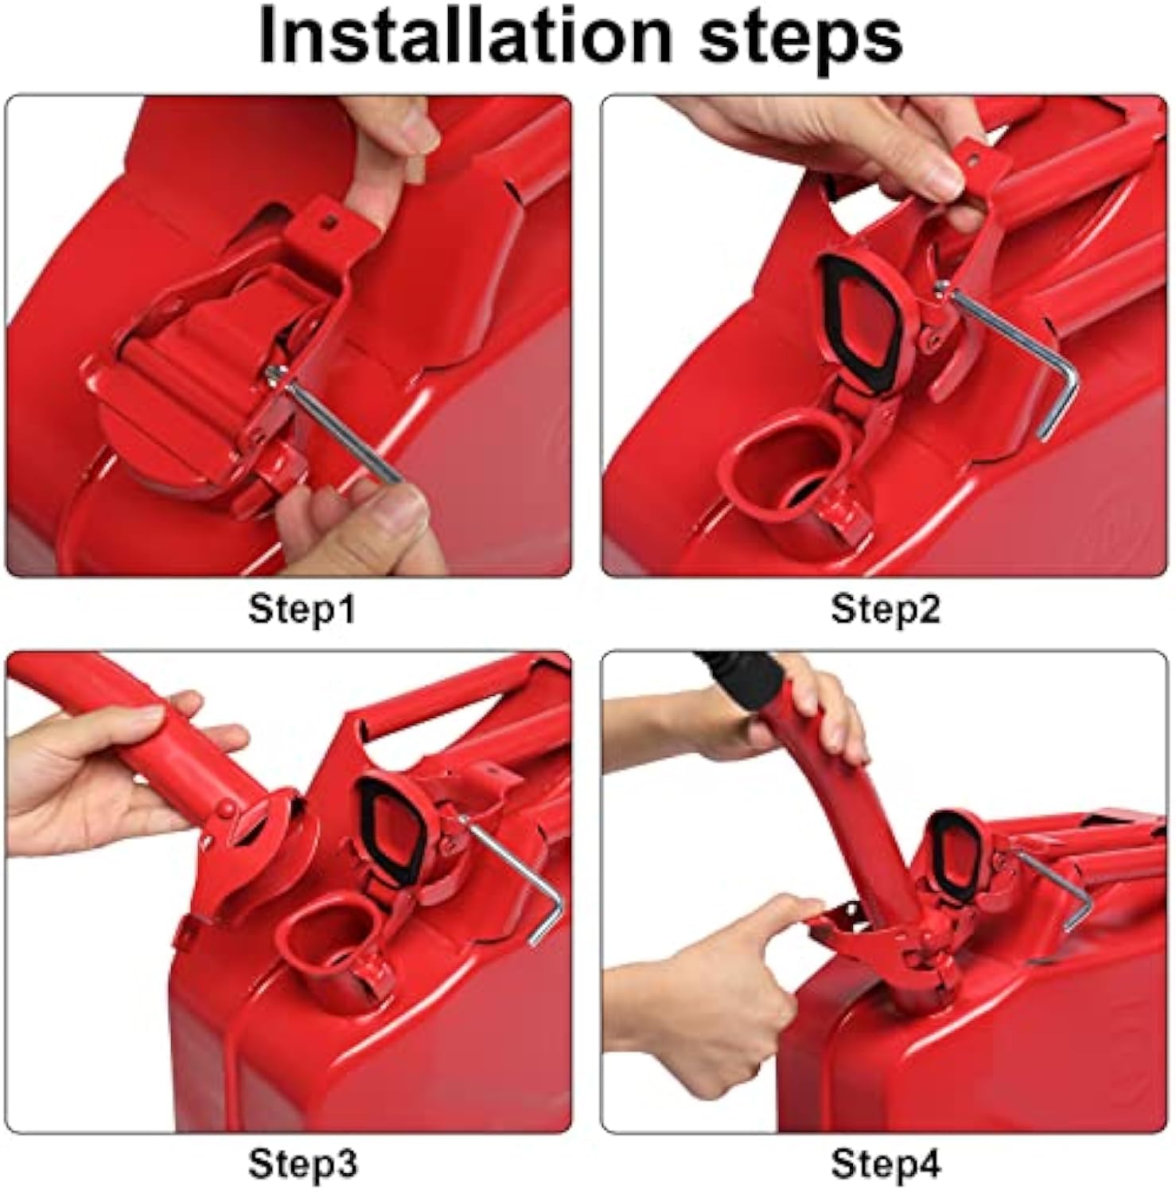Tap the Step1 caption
[x=302, y=610]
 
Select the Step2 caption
[x=886, y=610]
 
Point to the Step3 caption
[x=302, y=1164]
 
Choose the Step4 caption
[x=886, y=1164]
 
